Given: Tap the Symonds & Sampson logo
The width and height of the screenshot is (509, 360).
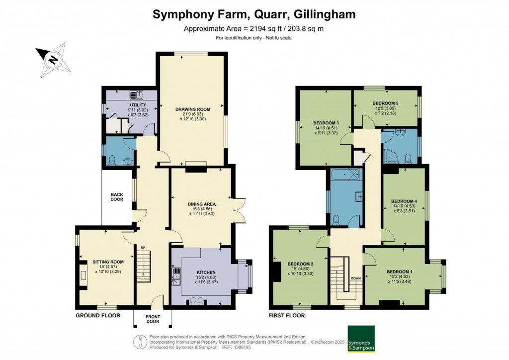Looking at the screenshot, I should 360,339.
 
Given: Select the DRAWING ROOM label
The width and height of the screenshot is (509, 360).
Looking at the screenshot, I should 192,109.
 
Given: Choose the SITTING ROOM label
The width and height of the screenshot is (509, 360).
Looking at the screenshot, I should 107,262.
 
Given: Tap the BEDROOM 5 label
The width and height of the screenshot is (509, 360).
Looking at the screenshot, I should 385,103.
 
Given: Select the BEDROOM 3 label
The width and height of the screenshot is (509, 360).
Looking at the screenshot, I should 326,123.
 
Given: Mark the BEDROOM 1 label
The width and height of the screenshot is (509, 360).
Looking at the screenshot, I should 399,271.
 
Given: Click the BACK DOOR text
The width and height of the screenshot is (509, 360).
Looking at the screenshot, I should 117,197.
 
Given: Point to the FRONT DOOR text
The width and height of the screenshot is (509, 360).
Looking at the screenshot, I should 153,319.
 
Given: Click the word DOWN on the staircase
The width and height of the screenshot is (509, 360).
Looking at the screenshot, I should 355,278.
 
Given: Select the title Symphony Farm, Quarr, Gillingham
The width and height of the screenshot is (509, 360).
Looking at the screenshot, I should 254,14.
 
